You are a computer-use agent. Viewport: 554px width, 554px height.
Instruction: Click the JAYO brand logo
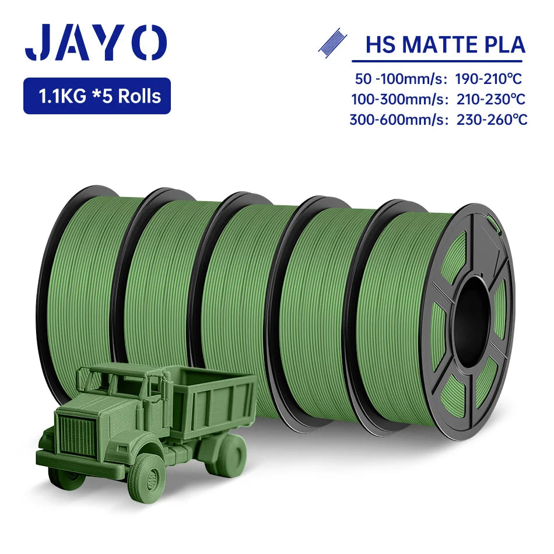coord(96,42)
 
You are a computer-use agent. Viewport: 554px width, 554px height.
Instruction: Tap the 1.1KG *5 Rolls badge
coord(97,96)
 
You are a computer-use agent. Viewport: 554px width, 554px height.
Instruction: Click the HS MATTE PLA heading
coord(445,45)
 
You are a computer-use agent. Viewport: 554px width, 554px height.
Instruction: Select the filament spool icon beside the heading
coord(332,43)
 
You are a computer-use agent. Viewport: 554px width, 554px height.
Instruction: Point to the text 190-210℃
coord(488,79)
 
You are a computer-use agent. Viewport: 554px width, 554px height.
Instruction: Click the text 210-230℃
coord(491,99)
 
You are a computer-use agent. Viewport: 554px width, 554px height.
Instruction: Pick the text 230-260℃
coord(492,120)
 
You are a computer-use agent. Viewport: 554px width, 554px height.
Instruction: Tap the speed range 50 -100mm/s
coord(399,79)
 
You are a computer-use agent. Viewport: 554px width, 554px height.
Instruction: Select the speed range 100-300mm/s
coord(400,100)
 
